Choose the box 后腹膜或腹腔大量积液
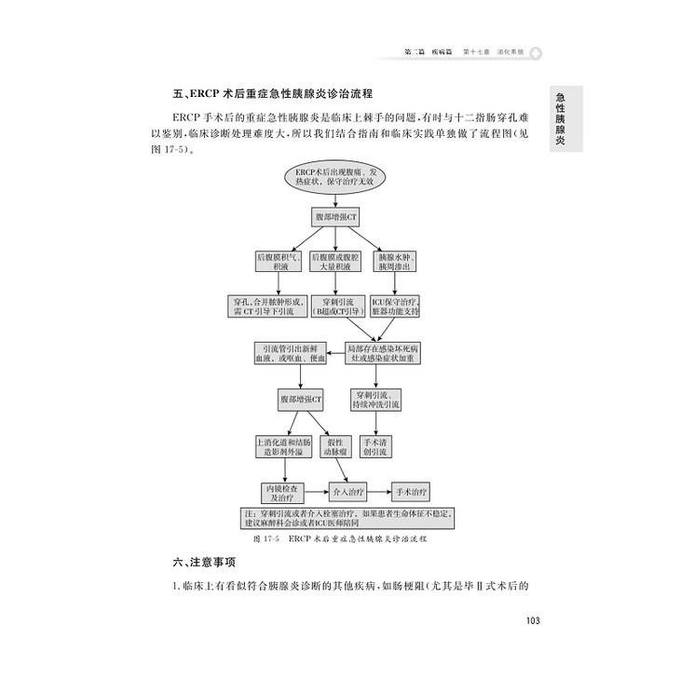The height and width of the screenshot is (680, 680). (x=333, y=261)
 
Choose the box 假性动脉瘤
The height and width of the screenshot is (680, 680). (x=334, y=446)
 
